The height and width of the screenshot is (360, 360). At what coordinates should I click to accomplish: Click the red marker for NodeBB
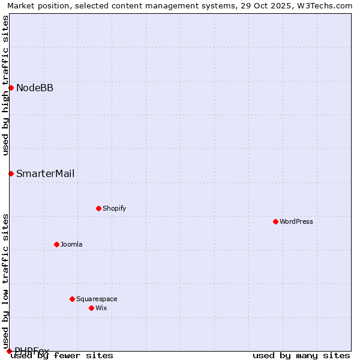[11, 88]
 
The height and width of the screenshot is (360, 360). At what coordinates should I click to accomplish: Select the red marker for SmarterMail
[11, 174]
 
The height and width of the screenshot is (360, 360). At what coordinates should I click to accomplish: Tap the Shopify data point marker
[98, 209]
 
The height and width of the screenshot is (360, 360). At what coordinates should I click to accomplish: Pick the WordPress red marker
[275, 222]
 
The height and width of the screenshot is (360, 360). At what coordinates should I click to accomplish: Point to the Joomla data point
[56, 245]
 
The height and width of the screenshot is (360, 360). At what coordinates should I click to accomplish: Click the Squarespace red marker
[72, 299]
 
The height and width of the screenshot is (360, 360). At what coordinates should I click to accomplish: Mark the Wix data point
[91, 308]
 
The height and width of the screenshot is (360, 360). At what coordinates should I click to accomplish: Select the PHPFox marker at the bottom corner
[9, 351]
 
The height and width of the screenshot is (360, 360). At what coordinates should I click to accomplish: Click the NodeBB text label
[35, 88]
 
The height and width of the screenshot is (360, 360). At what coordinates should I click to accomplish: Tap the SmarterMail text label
[46, 174]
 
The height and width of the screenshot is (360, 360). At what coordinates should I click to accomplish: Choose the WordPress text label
[296, 222]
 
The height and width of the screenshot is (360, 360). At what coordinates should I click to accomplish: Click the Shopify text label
[114, 209]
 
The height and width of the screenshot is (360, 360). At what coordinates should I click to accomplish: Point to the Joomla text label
[71, 245]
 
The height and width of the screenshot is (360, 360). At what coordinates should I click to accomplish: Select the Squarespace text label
[97, 299]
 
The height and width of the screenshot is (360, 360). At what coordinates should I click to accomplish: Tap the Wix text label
[101, 308]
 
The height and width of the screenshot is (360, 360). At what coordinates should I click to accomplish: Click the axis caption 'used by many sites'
[301, 356]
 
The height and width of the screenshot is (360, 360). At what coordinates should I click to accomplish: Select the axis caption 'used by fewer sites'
[62, 356]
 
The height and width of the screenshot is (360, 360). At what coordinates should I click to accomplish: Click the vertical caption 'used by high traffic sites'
[5, 85]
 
